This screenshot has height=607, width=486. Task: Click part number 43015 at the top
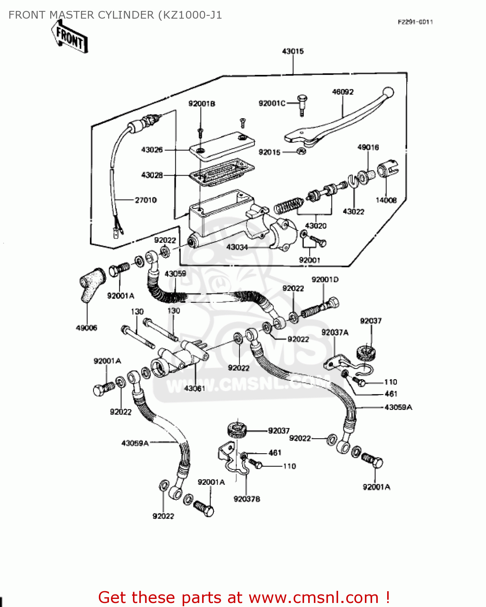pos(293,51)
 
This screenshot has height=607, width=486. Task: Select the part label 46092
pos(343,92)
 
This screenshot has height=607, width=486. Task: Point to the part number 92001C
pos(272,104)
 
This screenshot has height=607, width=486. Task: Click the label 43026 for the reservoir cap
pos(152,150)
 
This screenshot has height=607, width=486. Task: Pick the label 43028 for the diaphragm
pos(152,175)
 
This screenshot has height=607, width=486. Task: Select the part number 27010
pos(145,200)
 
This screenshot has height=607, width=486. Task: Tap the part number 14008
pos(386,200)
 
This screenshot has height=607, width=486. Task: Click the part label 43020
pos(315,226)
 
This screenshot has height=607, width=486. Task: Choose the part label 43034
pos(237,247)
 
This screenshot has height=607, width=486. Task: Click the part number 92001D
pos(325,280)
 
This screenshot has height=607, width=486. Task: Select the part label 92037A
pos(335,332)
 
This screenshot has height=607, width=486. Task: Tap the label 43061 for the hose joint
pos(194,388)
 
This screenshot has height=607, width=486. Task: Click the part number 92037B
pos(247,499)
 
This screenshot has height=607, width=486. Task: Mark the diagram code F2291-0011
pos(415,22)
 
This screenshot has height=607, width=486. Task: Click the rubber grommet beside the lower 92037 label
pos(237,430)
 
